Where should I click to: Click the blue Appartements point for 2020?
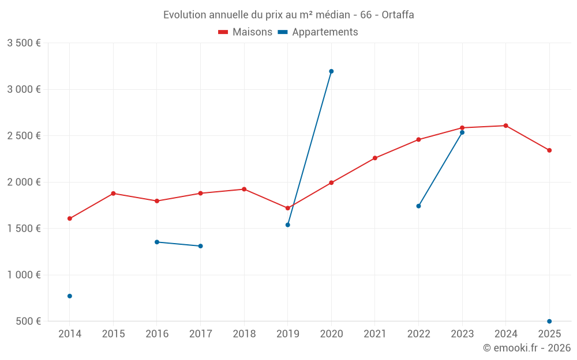(331, 71)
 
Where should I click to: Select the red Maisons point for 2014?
(70, 219)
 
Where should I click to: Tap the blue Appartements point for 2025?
(549, 321)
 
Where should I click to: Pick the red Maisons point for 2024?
(505, 126)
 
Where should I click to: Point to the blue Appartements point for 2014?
(70, 296)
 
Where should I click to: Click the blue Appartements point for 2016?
(157, 242)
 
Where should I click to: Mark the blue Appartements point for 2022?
(418, 206)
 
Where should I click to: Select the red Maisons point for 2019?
(287, 208)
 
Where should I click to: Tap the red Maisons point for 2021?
(375, 158)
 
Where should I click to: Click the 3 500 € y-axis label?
(24, 43)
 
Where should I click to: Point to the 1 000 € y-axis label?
(24, 275)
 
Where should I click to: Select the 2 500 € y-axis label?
(24, 136)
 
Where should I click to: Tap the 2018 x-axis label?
(244, 334)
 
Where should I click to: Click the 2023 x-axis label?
(462, 334)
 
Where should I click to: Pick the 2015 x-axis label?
(113, 334)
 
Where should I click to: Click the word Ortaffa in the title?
(398, 15)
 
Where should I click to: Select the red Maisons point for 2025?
(549, 150)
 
